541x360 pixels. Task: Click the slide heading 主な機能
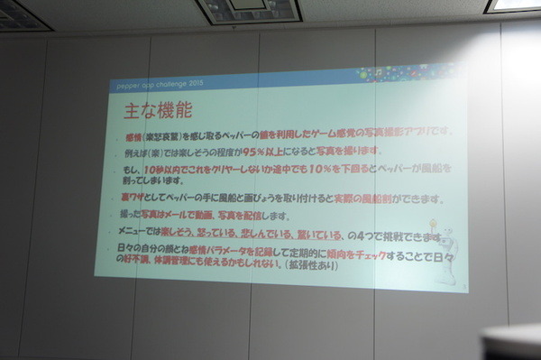coord(159,115)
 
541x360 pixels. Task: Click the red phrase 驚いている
coord(372,235)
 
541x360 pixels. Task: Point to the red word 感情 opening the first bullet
coord(137,132)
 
